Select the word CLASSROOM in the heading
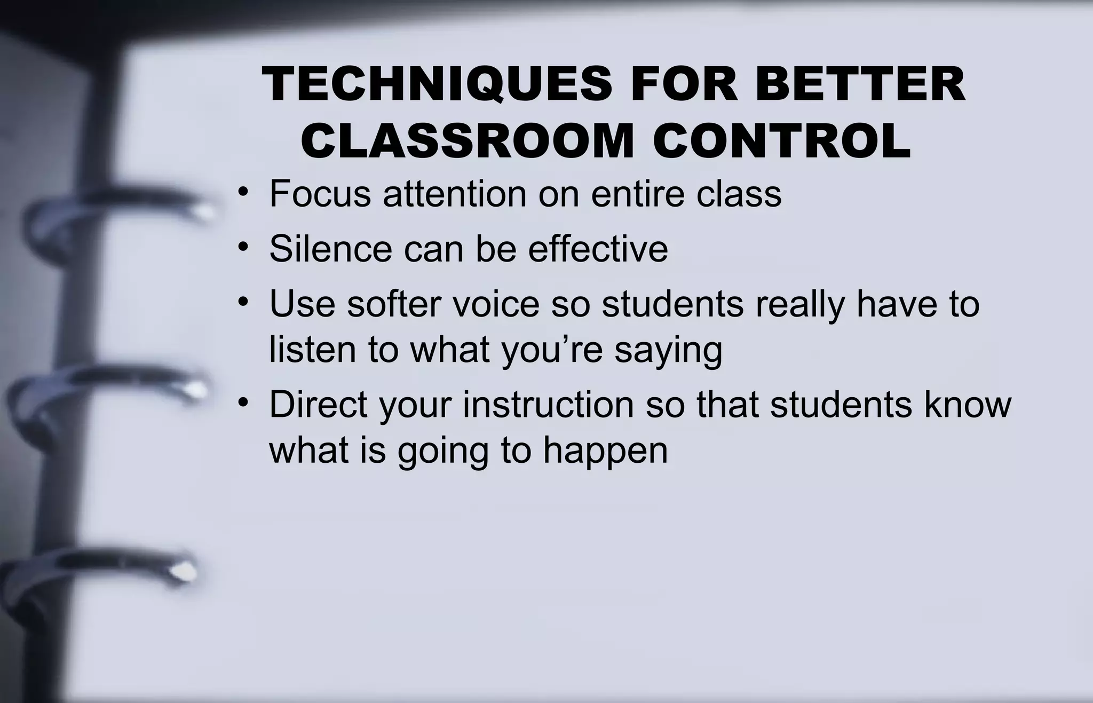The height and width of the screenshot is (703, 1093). click(x=466, y=141)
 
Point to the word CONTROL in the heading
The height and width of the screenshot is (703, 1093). click(x=781, y=141)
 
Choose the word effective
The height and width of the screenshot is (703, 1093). click(x=598, y=249)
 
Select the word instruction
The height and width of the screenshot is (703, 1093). click(x=548, y=404)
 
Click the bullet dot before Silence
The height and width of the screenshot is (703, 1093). click(x=243, y=247)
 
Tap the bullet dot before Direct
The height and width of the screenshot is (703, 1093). click(x=243, y=402)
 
